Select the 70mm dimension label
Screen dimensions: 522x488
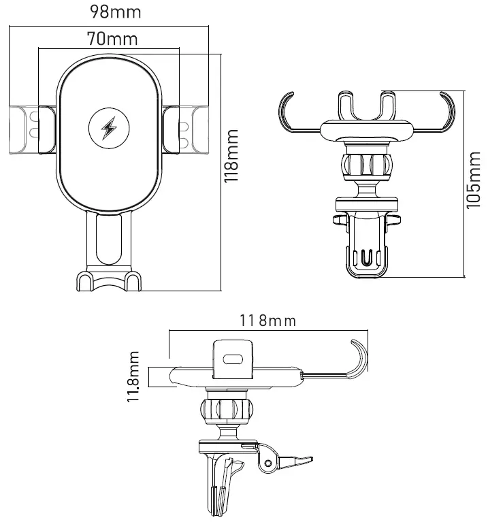click(x=112, y=38)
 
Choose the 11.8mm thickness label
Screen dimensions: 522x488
click(x=134, y=377)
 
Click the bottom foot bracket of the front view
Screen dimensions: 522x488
click(x=109, y=280)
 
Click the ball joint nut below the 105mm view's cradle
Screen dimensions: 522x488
click(x=367, y=165)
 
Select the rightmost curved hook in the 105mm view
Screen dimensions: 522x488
click(x=443, y=112)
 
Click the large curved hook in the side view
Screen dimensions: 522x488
click(x=358, y=357)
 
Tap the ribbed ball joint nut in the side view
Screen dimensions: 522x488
click(x=226, y=410)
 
